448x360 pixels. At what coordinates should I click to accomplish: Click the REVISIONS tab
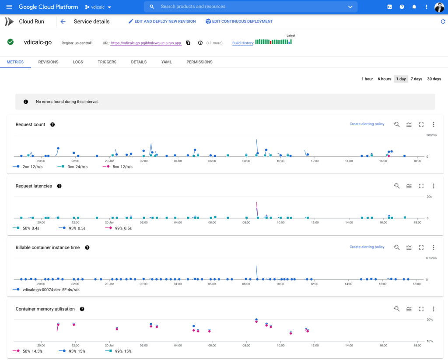pos(48,62)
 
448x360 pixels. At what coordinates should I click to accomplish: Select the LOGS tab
pos(78,62)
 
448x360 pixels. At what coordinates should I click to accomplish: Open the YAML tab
pos(167,62)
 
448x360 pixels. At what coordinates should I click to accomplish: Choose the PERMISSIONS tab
pos(199,62)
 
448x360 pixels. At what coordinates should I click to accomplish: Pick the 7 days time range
pos(416,79)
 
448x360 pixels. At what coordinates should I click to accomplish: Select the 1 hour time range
pos(367,79)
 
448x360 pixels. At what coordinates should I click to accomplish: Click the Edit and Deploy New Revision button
pos(162,21)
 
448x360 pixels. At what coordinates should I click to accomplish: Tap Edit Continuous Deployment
pos(239,21)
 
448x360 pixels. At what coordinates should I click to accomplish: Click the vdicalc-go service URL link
pos(146,43)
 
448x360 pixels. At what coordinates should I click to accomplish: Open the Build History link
pos(242,43)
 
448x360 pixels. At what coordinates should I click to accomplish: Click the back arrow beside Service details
pos(63,21)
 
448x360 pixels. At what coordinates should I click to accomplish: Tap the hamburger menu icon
pos(9,7)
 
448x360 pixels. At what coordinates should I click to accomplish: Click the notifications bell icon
pos(414,7)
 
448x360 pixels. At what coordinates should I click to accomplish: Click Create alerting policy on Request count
pos(367,124)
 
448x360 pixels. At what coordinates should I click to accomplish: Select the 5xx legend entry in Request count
pos(118,167)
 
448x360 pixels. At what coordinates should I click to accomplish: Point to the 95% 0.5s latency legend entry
pos(72,228)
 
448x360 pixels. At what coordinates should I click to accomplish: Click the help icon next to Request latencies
pos(59,186)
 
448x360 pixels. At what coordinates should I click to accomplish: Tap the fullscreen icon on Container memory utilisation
pos(421,309)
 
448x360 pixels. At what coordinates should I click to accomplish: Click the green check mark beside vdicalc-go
pos(10,42)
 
